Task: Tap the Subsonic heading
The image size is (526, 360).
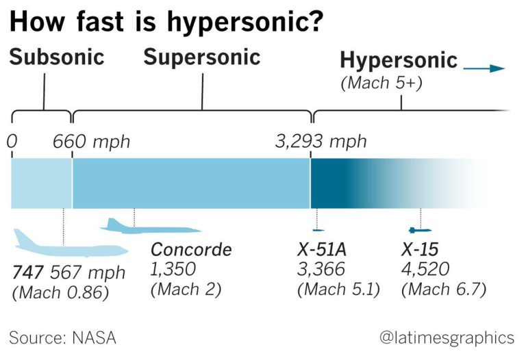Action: (x=56, y=57)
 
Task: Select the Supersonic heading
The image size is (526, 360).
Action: (x=201, y=57)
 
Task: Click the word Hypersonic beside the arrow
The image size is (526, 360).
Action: (x=399, y=60)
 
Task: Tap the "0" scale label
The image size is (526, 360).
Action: (x=11, y=142)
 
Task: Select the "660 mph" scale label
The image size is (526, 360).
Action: (x=91, y=142)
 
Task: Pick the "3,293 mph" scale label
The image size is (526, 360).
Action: (x=321, y=142)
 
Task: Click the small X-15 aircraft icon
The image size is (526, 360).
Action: (x=416, y=230)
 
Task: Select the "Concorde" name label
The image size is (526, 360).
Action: (x=191, y=250)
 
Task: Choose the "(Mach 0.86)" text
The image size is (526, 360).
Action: (x=60, y=293)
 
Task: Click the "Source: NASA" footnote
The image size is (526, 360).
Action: (x=62, y=337)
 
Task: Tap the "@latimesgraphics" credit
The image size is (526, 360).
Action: (x=446, y=337)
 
